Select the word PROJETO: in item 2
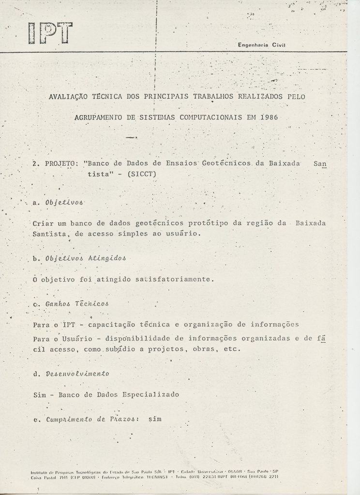58,164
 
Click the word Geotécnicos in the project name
225,164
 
